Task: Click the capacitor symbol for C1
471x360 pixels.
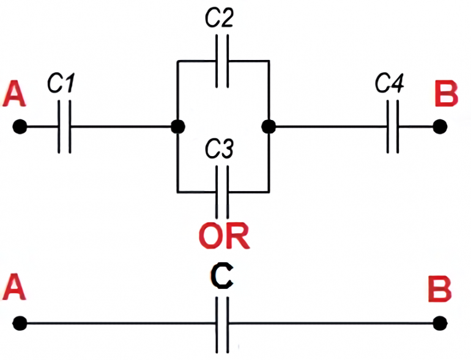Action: pos(64,127)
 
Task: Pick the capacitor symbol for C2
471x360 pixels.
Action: pos(223,61)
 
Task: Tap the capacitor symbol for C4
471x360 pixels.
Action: pos(393,127)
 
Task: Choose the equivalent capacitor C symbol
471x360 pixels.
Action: pos(223,323)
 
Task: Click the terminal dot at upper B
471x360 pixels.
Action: pos(439,127)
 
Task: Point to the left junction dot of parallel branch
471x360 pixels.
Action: pos(177,127)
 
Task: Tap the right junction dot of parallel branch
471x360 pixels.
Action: pos(268,127)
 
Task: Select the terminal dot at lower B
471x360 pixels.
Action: pos(439,323)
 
